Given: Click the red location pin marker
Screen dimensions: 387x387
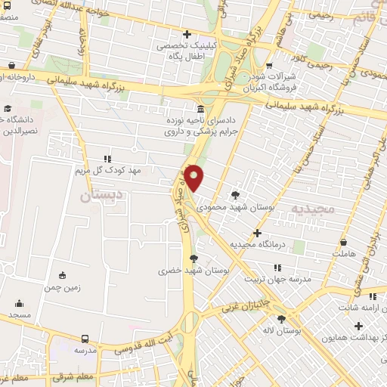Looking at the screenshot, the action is pos(195,178).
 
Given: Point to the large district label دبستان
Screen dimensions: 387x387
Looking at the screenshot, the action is pos(104,195).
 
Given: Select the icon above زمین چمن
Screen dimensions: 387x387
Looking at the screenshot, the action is pos(62,275).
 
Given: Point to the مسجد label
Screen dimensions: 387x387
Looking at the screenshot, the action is pos(20,313).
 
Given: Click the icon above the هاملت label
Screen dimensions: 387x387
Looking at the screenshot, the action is pos(345,243).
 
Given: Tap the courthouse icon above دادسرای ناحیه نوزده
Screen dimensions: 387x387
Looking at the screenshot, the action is pos(199,108).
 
